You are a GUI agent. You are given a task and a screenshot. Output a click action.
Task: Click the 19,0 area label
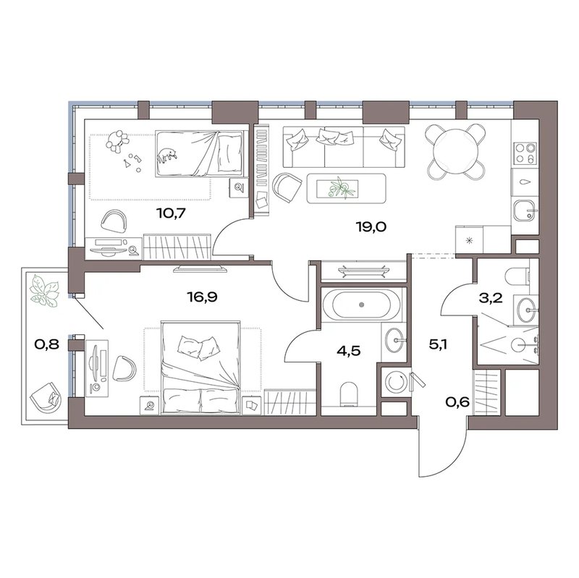(371, 226)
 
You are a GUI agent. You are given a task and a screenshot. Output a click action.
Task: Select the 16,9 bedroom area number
(202, 297)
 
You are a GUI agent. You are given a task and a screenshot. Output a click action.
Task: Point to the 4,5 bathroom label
(348, 351)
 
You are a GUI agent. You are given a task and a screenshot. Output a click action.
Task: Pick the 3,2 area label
(491, 298)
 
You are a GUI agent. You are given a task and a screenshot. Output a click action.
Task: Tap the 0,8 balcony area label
(46, 344)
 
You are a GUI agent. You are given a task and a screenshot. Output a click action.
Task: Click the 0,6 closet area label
(457, 401)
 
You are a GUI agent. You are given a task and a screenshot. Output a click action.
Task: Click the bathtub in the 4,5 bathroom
(361, 305)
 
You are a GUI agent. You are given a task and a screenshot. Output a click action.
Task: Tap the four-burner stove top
(525, 153)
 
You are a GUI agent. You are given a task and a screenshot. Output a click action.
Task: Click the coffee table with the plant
(347, 188)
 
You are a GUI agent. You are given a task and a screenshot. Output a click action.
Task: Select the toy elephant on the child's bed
(168, 155)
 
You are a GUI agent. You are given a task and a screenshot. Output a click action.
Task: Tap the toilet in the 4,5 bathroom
(348, 394)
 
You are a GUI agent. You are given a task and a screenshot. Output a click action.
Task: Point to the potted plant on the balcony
(44, 290)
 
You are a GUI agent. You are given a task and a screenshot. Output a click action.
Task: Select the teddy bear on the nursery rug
(117, 141)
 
